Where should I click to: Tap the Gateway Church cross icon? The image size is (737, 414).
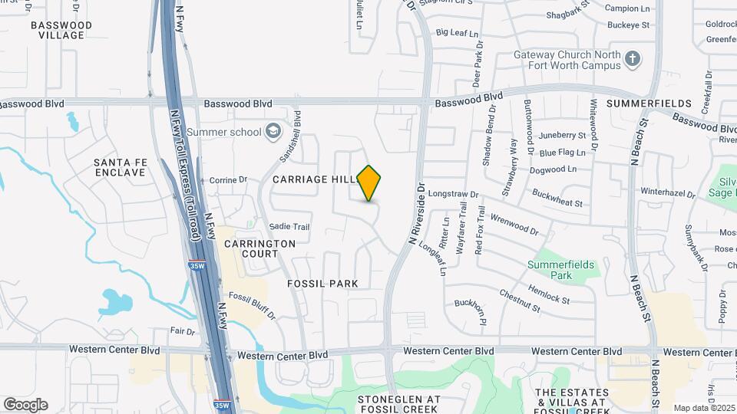[x=632, y=59]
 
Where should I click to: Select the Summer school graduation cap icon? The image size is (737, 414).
[x=273, y=132]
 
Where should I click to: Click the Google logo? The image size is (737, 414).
[x=25, y=405]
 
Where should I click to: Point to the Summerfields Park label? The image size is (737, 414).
[x=561, y=270]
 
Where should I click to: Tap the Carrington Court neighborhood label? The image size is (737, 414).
[x=259, y=248]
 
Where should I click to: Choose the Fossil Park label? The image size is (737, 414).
[x=322, y=284]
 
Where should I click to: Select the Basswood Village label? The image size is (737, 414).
[x=61, y=30]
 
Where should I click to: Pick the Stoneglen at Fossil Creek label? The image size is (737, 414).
[x=399, y=404]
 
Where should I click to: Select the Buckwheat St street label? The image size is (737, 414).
[x=557, y=199]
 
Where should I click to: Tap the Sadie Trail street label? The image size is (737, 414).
[x=289, y=227]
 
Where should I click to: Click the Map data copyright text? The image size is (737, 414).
[x=704, y=408]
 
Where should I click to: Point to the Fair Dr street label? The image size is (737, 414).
[x=182, y=331]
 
